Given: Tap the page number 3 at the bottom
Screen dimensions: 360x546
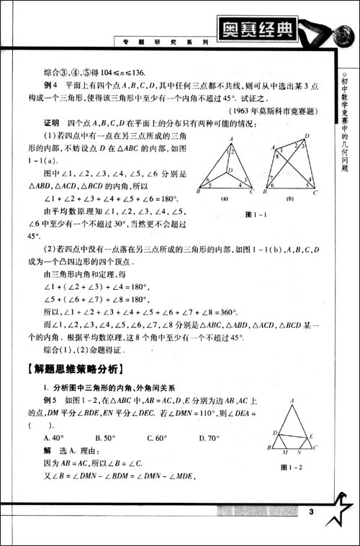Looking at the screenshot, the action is (x=310, y=511).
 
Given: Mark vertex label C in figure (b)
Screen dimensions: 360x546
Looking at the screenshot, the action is (x=316, y=192).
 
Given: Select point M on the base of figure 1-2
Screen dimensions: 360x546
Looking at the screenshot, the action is (x=285, y=452).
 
